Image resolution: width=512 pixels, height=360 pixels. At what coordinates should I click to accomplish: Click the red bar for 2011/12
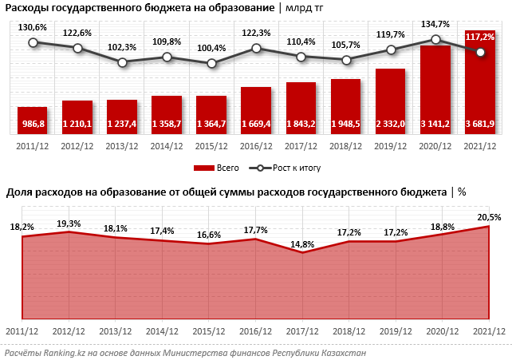coord(33,119)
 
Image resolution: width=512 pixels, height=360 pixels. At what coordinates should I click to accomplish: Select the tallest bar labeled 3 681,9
coord(480,80)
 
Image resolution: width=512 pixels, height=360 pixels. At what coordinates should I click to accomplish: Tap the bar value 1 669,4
coord(256,125)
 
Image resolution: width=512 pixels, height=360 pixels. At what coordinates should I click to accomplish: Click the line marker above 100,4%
coord(211,63)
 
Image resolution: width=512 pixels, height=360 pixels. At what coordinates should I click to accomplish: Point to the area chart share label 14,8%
coord(302,243)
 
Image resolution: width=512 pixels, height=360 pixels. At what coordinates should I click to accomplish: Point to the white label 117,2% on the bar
coord(480,37)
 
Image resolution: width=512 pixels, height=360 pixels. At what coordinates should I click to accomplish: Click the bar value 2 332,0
coord(391,125)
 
